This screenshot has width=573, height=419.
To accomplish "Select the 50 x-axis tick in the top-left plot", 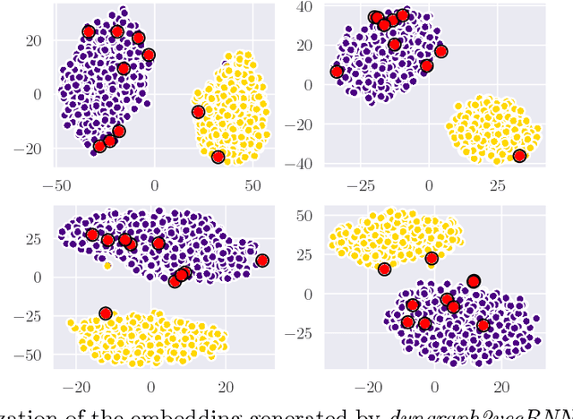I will (254, 184).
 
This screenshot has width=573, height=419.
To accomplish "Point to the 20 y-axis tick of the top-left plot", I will (35, 40).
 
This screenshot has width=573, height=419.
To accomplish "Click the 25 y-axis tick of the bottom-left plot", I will (35, 240).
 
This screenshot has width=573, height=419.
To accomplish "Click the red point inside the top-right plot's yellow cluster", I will (519, 156).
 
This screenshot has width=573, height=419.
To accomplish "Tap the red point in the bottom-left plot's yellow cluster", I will (106, 313).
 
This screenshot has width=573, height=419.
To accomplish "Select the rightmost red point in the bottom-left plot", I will (262, 261).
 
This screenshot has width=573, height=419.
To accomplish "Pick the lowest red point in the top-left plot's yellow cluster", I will (218, 158).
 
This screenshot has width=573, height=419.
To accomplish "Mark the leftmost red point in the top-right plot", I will (337, 72).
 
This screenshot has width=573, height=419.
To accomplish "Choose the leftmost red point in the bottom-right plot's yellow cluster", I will (384, 269).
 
